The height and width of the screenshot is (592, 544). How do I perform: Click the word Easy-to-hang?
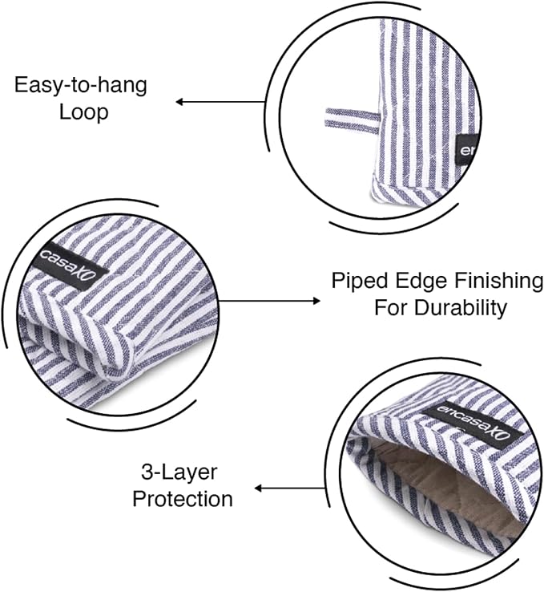coord(81,85)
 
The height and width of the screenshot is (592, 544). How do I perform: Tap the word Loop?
coord(84,112)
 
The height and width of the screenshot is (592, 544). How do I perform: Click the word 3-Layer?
coord(179,472)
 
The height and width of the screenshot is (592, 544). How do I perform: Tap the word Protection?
coord(183,499)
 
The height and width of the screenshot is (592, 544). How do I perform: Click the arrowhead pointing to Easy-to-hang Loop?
coord(179,102)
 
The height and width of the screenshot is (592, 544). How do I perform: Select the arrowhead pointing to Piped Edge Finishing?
coord(316,301)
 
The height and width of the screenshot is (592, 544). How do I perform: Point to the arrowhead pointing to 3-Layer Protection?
coord(258,489)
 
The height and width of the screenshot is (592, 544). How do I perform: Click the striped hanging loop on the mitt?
coord(352,120)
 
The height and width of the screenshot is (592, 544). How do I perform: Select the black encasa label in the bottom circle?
coord(474,425)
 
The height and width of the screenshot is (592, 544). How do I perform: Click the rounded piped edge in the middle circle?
coord(113,351)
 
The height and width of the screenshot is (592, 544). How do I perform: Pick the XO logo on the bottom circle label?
coord(502,435)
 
